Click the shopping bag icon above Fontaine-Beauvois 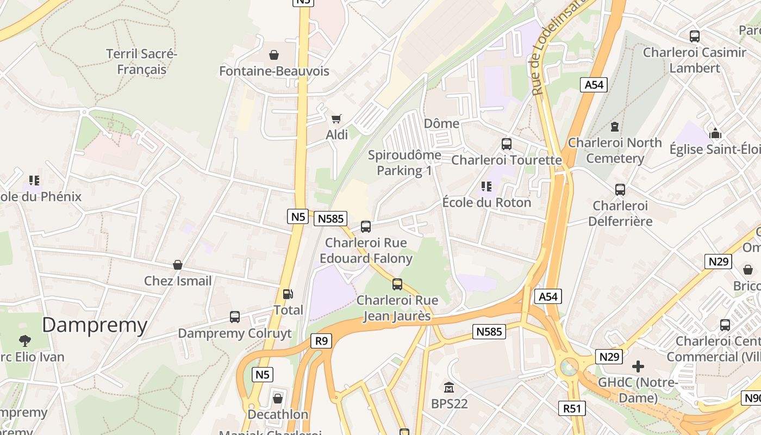[274, 55]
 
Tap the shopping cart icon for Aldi [336, 119]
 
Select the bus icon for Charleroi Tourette [507, 144]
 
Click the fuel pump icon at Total [288, 294]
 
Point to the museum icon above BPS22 [449, 388]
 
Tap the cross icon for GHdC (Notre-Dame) [638, 366]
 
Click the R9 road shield [321, 341]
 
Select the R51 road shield [572, 408]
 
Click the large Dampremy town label [95, 325]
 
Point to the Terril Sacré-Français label [142, 62]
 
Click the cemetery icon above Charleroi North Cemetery [615, 127]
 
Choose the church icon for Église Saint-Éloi [715, 133]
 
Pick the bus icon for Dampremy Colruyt [235, 317]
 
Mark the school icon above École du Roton [486, 187]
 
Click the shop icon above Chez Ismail [178, 265]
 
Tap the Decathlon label [278, 414]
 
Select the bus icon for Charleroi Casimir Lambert [695, 36]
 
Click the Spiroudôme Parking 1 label [404, 163]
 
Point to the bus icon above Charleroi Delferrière [620, 190]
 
